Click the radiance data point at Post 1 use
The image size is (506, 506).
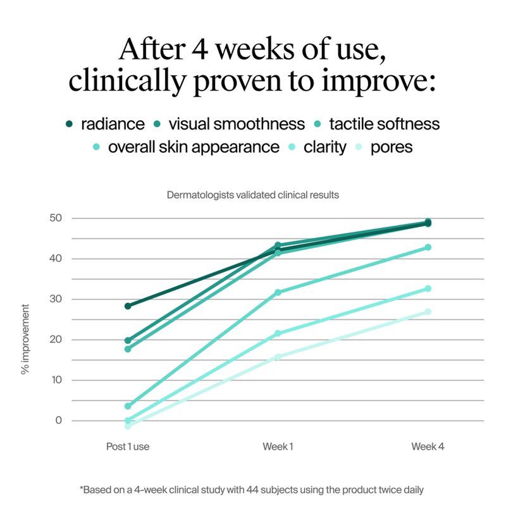click(x=128, y=306)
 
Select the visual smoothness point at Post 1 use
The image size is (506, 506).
click(x=128, y=340)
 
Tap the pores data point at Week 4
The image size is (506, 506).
click(x=428, y=312)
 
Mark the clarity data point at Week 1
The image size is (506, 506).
click(x=278, y=333)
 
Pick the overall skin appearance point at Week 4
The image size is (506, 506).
click(x=428, y=247)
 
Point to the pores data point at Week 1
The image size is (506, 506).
click(x=278, y=357)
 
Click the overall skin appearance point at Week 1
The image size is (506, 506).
click(x=278, y=292)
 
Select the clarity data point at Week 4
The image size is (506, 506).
click(x=428, y=288)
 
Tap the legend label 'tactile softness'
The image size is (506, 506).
click(x=385, y=123)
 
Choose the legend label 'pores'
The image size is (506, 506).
click(x=392, y=147)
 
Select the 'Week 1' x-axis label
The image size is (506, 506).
click(x=278, y=447)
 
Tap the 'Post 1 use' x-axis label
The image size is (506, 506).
click(x=128, y=447)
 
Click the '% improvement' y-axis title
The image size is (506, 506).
click(x=26, y=338)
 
